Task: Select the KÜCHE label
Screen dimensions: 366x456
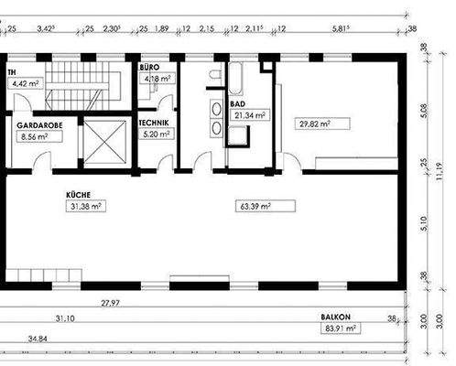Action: (x=78, y=194)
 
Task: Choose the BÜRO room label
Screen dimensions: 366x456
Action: (x=149, y=68)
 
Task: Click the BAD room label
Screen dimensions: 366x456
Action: (x=236, y=105)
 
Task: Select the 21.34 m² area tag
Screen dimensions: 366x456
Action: (x=247, y=116)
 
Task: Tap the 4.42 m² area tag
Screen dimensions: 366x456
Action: (x=24, y=82)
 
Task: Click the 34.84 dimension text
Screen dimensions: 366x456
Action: (x=38, y=339)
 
